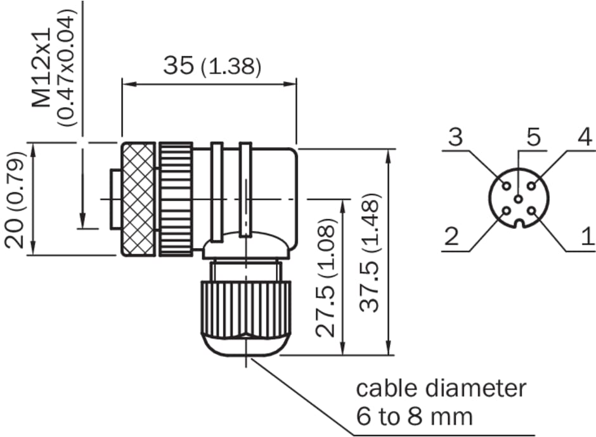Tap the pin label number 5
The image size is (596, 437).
pos(533,136)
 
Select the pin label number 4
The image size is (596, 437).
pos(584,136)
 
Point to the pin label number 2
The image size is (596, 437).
pos(451,237)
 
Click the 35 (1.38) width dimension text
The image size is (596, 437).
pos(211,66)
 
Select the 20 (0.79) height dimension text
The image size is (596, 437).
pos(16,201)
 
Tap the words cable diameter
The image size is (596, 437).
pos(441,388)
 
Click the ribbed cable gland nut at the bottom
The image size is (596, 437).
pos(246,308)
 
